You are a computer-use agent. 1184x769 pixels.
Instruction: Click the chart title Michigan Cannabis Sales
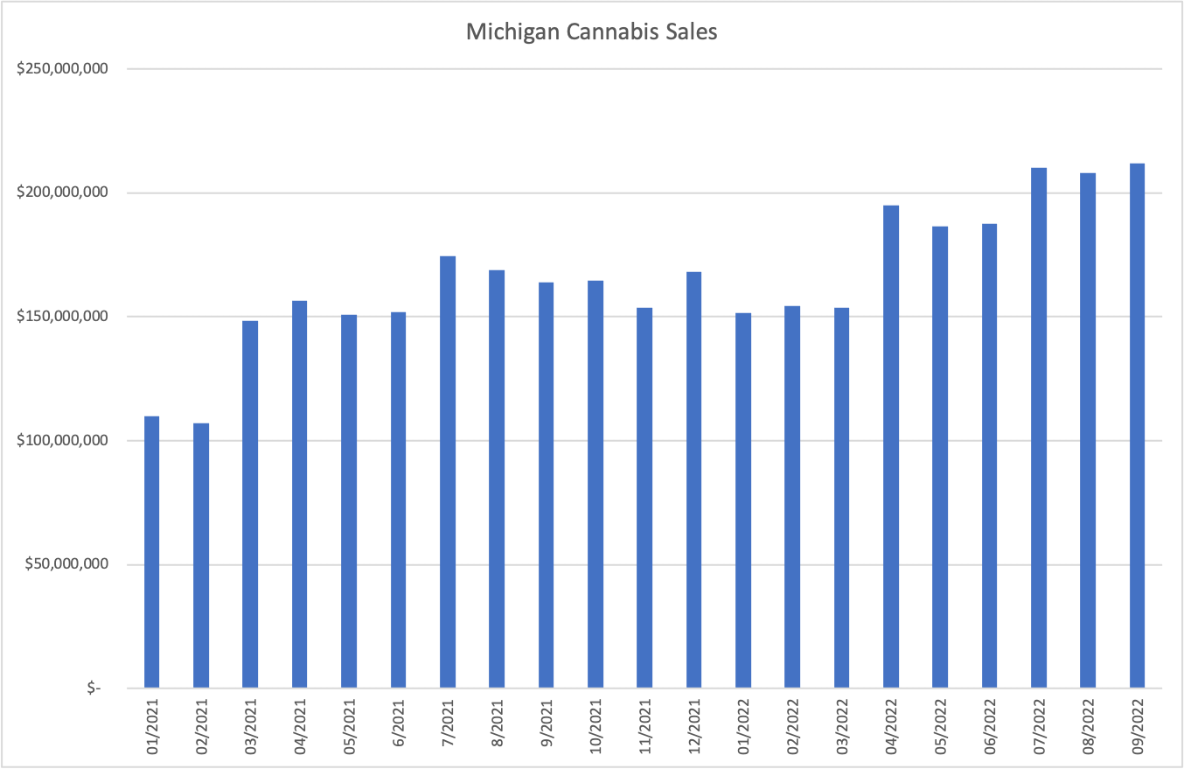click(x=591, y=32)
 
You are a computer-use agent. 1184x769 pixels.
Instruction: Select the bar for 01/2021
click(x=151, y=552)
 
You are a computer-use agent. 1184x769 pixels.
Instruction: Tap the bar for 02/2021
click(x=201, y=556)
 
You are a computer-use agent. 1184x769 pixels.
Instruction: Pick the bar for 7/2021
click(x=448, y=472)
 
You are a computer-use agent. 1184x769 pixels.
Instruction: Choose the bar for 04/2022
click(x=891, y=446)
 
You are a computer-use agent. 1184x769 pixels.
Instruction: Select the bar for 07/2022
click(x=1039, y=428)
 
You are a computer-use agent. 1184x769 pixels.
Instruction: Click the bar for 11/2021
click(x=644, y=498)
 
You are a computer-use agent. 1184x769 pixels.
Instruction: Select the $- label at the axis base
click(x=94, y=689)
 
